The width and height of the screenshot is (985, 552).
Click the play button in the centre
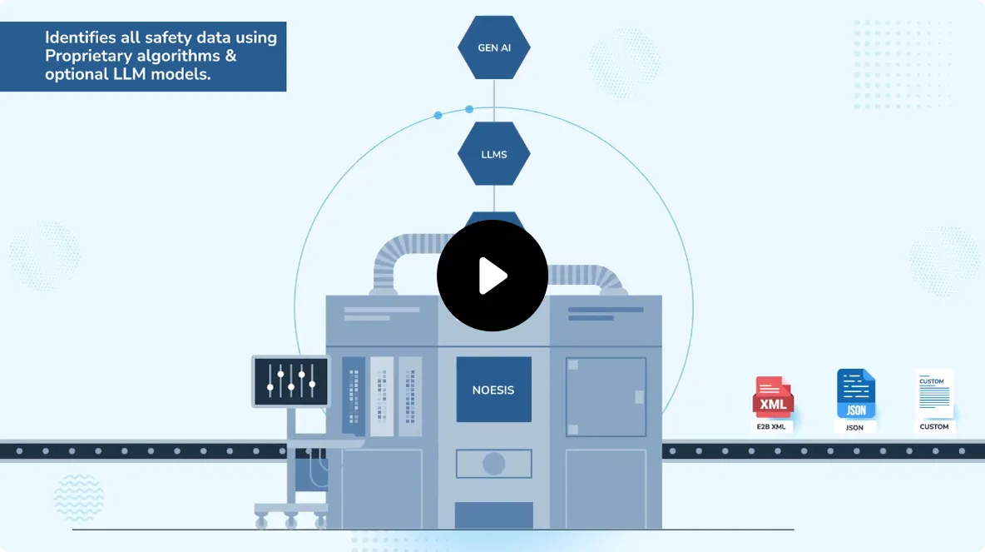[x=492, y=276]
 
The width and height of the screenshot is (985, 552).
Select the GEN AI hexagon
[x=494, y=47]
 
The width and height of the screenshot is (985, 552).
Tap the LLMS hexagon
[x=494, y=154]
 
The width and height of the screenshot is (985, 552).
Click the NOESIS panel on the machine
[x=493, y=390]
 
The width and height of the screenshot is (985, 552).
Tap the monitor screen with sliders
[x=290, y=381]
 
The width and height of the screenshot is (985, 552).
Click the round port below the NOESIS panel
[x=493, y=464]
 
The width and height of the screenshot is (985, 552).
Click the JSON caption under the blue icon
[x=855, y=428]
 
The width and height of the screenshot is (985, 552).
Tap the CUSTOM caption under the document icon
[x=934, y=427]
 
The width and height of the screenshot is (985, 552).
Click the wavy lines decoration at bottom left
[x=78, y=497]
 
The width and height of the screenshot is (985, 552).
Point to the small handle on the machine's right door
[x=638, y=397]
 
